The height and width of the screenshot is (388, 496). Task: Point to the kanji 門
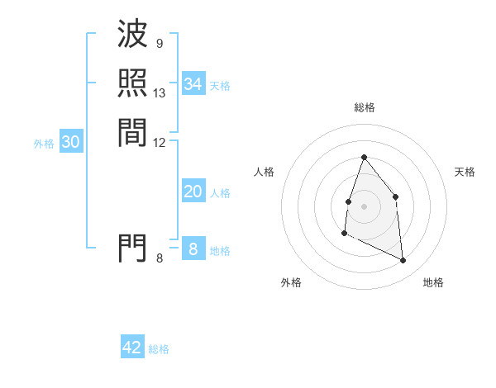click(x=132, y=247)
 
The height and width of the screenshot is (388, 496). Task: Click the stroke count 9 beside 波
click(x=159, y=44)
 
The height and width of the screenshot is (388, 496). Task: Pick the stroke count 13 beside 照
click(x=160, y=92)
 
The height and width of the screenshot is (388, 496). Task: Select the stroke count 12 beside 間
click(x=160, y=142)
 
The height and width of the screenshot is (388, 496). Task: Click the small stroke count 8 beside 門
click(x=159, y=258)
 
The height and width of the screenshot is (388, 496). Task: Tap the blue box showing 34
click(x=193, y=84)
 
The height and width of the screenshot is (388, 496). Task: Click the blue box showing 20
click(x=193, y=192)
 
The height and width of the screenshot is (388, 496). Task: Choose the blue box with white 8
click(x=193, y=248)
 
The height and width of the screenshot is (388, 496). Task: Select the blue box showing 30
click(x=71, y=142)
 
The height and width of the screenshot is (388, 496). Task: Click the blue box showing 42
click(x=132, y=348)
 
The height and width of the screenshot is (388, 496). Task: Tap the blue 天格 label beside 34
click(x=220, y=85)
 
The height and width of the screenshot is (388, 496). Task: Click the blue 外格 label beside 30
click(x=44, y=143)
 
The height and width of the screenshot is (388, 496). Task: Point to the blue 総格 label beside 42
click(x=159, y=349)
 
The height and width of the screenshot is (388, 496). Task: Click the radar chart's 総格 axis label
click(x=364, y=107)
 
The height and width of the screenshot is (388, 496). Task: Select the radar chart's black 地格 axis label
click(x=433, y=282)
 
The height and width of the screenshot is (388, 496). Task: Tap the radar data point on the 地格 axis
click(x=403, y=261)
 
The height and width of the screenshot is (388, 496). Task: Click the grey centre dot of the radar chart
click(x=364, y=206)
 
